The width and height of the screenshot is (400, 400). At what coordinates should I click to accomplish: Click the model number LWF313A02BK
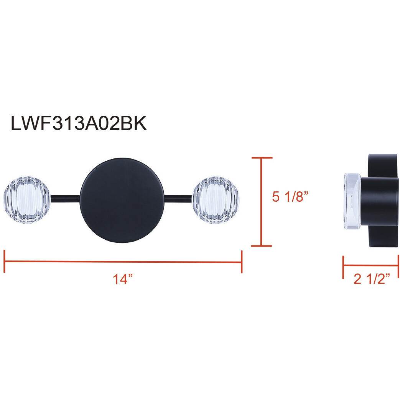pos(79,124)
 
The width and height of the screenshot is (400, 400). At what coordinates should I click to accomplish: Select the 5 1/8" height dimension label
pos(290,197)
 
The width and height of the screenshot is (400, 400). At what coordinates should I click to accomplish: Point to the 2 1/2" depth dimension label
pos(371,279)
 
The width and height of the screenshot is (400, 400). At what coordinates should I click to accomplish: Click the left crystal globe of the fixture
pos(26,200)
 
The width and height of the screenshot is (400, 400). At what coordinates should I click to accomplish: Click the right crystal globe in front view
pos(216,200)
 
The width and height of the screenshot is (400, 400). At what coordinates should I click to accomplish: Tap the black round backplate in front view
pos(122,200)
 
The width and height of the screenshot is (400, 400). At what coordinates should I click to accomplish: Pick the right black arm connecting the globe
pos(178,198)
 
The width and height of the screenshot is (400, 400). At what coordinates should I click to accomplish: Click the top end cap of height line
pos(261,158)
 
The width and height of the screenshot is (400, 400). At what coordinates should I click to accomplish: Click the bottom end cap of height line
pos(261,246)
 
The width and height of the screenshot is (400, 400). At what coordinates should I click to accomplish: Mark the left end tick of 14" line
pos(4,262)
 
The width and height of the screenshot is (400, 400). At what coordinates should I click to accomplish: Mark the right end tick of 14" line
pos(241,262)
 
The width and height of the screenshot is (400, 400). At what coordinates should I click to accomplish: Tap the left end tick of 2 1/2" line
pos(343,267)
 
